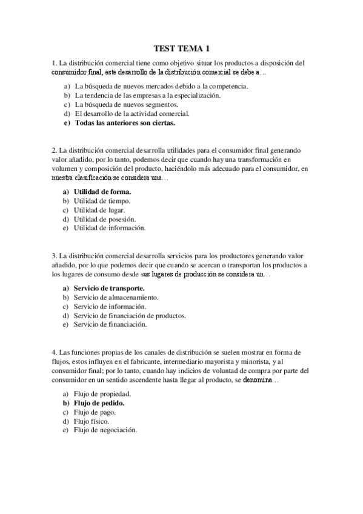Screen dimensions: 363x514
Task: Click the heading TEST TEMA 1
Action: click(x=181, y=49)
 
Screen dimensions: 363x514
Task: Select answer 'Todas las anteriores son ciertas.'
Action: click(x=124, y=122)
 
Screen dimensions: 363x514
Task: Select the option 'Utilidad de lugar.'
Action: click(x=99, y=210)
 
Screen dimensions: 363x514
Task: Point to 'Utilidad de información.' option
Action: click(x=110, y=228)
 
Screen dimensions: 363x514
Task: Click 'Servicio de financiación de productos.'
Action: click(x=130, y=315)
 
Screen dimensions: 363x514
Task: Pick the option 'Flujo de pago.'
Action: click(x=95, y=412)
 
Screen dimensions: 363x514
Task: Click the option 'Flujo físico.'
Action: click(x=93, y=421)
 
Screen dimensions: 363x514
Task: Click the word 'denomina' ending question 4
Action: click(x=257, y=381)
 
